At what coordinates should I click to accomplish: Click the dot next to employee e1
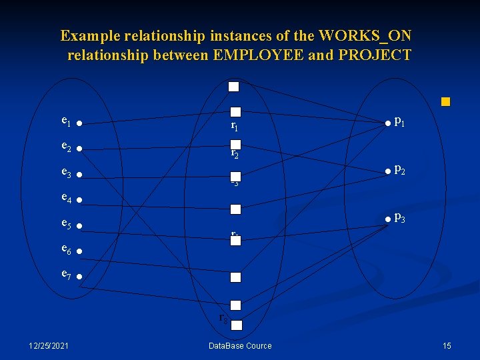[x=79, y=123]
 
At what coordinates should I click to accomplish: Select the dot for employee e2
[x=79, y=149]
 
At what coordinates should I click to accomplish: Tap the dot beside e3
[x=79, y=175]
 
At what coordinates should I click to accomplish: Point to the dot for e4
[x=79, y=200]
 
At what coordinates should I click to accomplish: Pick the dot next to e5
[x=79, y=227]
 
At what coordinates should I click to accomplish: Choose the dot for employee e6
[x=79, y=252]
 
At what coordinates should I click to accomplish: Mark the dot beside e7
[x=79, y=277]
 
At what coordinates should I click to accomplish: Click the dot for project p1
[x=386, y=123]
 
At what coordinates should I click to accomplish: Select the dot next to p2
[x=386, y=172]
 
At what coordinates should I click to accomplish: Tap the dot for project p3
[x=386, y=219]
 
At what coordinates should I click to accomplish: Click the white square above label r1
[x=235, y=113]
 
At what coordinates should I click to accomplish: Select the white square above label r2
[x=235, y=144]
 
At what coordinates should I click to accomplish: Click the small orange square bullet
[x=445, y=103]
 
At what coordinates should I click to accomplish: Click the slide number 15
[x=447, y=345]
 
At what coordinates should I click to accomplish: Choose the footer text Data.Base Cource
[x=240, y=345]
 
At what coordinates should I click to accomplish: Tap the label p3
[x=400, y=217]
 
